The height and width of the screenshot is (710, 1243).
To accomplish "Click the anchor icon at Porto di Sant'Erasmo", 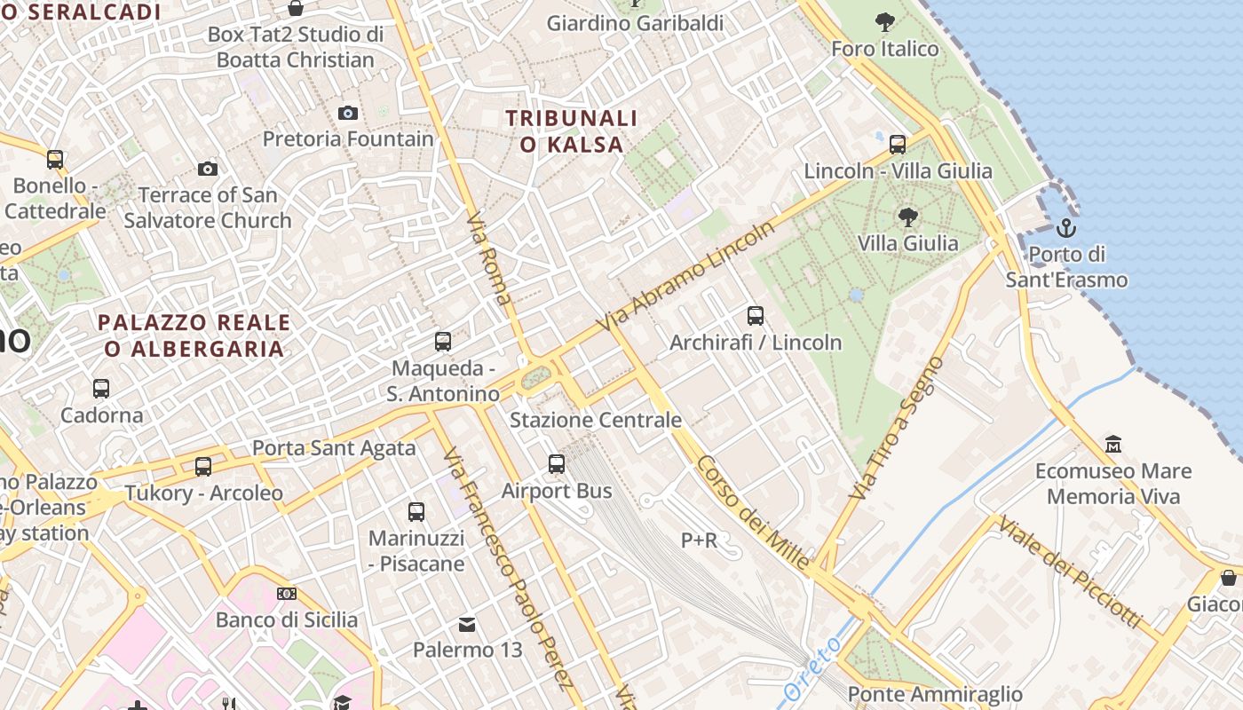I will (x=1065, y=229).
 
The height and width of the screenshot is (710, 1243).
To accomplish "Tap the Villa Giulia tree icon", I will (x=907, y=217).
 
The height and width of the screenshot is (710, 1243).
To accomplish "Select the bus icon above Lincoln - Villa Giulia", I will (x=898, y=144).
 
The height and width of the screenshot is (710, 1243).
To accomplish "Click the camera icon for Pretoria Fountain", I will (x=348, y=113).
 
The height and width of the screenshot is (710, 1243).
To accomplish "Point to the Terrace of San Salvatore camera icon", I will (x=208, y=169).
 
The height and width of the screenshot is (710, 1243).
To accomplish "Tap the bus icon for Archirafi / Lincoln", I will (x=756, y=315).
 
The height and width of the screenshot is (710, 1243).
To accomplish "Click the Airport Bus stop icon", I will (x=557, y=463).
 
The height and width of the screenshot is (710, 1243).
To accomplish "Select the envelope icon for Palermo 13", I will (x=467, y=625).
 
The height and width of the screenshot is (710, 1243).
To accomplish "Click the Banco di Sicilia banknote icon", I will (x=287, y=593).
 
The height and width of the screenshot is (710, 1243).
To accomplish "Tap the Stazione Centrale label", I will (x=596, y=420).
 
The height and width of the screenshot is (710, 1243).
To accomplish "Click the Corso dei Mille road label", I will (x=753, y=513).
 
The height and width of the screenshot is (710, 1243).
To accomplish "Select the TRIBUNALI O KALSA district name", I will (x=572, y=130).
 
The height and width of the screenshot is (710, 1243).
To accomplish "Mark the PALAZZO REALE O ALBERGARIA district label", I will (x=194, y=335).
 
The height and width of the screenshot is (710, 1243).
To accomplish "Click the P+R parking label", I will (x=699, y=540).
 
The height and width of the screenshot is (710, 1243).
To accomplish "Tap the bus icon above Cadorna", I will (x=101, y=389).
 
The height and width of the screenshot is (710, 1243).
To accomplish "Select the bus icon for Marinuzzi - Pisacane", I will (x=416, y=511).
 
